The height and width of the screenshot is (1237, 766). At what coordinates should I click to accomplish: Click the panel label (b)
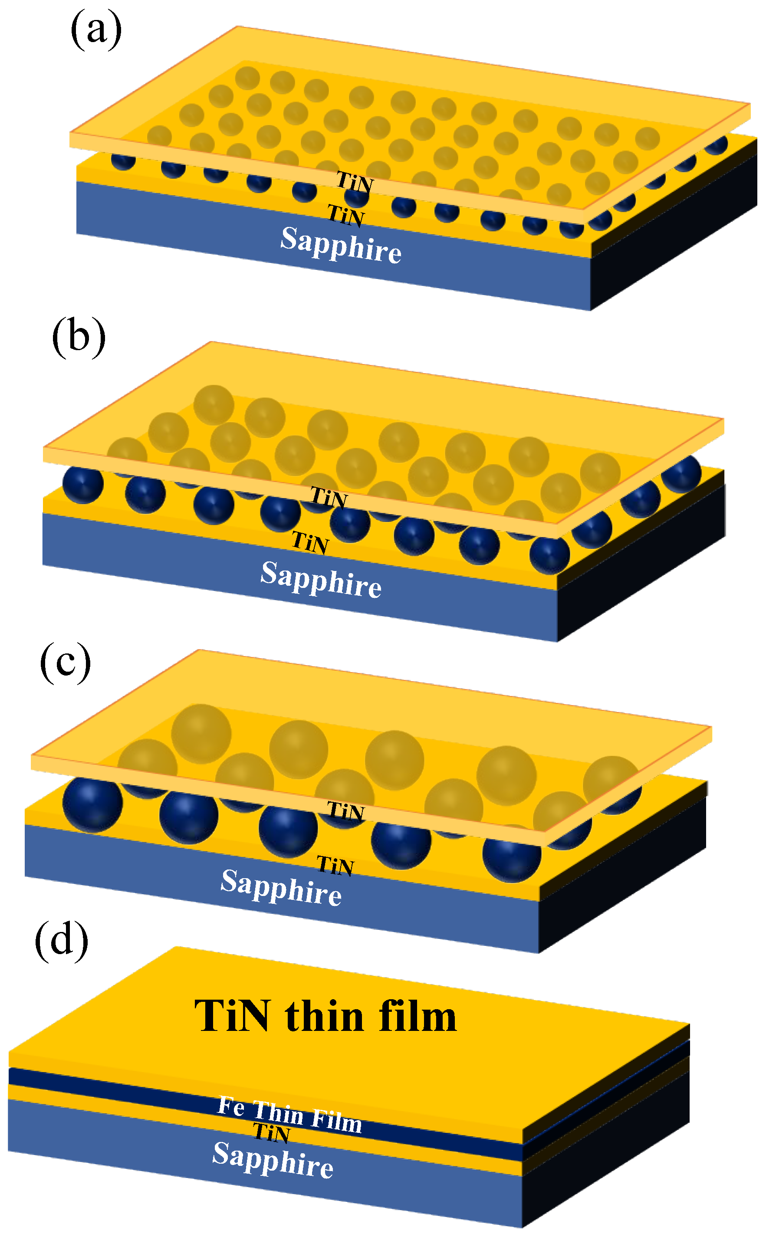tap(79, 337)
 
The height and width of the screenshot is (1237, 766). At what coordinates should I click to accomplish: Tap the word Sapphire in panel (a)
tap(341, 245)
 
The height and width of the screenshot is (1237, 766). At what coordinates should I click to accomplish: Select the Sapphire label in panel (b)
tap(321, 580)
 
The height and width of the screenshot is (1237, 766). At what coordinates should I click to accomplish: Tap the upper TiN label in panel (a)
tap(355, 182)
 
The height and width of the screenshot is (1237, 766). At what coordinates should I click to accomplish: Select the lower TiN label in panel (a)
tap(346, 215)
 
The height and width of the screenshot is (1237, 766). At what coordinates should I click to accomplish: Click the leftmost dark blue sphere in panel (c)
tap(92, 805)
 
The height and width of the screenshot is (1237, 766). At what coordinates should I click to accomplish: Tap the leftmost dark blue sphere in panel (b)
tap(83, 485)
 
